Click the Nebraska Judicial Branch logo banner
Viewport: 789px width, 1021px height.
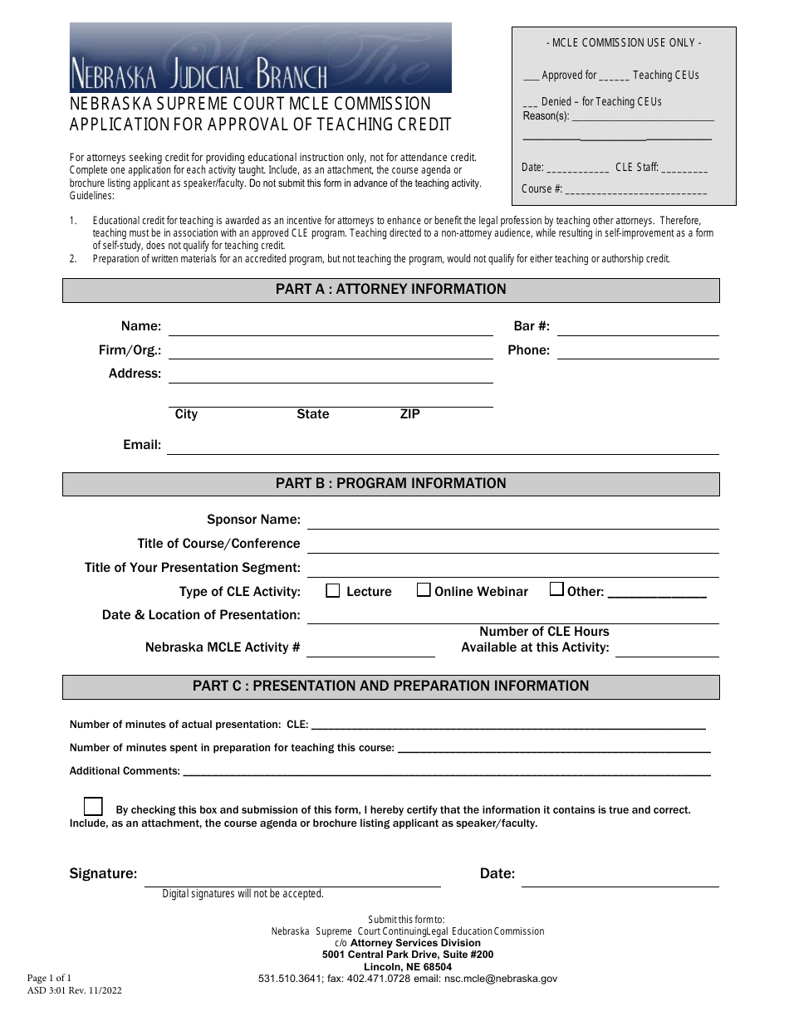pos(260,57)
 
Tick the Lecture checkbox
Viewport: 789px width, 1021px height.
pos(333,591)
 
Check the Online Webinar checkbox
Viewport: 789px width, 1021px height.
pos(424,590)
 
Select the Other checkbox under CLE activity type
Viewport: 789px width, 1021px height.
pos(557,590)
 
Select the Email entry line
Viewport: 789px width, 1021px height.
pos(442,447)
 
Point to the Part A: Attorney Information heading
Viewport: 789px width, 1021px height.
pos(390,290)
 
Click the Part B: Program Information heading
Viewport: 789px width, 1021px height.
pos(390,484)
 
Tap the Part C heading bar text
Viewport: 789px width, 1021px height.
pos(390,686)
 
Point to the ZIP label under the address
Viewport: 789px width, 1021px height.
pos(410,414)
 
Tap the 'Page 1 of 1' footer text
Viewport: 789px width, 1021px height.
pos(55,978)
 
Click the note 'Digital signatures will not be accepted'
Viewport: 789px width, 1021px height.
pos(243,894)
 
